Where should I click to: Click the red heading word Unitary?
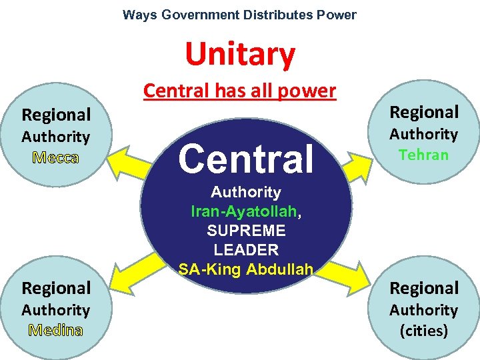pyautogui.click(x=239, y=55)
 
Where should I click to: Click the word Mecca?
pyautogui.click(x=55, y=158)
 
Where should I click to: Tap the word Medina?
pyautogui.click(x=55, y=331)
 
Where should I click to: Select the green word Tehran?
pyautogui.click(x=423, y=155)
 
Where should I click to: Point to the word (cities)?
pyautogui.click(x=423, y=331)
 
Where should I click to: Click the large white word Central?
pyautogui.click(x=245, y=159)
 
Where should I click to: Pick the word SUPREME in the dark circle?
pyautogui.click(x=246, y=231)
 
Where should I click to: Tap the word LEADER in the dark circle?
pyautogui.click(x=246, y=250)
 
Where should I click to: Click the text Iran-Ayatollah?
pyautogui.click(x=244, y=211)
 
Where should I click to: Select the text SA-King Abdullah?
pyautogui.click(x=246, y=269)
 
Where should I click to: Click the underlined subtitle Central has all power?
pyautogui.click(x=239, y=91)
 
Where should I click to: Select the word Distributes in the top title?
pyautogui.click(x=273, y=15)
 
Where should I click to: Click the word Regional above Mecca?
pyautogui.click(x=56, y=115)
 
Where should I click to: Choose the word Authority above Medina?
pyautogui.click(x=55, y=310)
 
